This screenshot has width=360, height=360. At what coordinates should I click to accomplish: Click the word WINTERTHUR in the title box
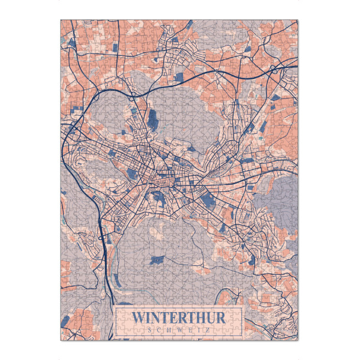[x=179, y=316]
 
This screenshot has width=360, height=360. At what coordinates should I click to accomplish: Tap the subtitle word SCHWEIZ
[x=179, y=328]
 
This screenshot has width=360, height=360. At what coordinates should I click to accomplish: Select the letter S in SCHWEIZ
[x=149, y=328]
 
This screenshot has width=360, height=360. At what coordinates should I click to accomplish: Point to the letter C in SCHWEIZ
[x=159, y=328]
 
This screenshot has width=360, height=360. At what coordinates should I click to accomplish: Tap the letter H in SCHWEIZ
[x=169, y=328]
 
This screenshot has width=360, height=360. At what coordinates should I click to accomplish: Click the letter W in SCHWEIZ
[x=180, y=328]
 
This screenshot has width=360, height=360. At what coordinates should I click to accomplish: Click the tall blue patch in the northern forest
[x=152, y=118]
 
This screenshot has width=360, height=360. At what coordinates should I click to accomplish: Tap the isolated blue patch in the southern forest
[x=158, y=260]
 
